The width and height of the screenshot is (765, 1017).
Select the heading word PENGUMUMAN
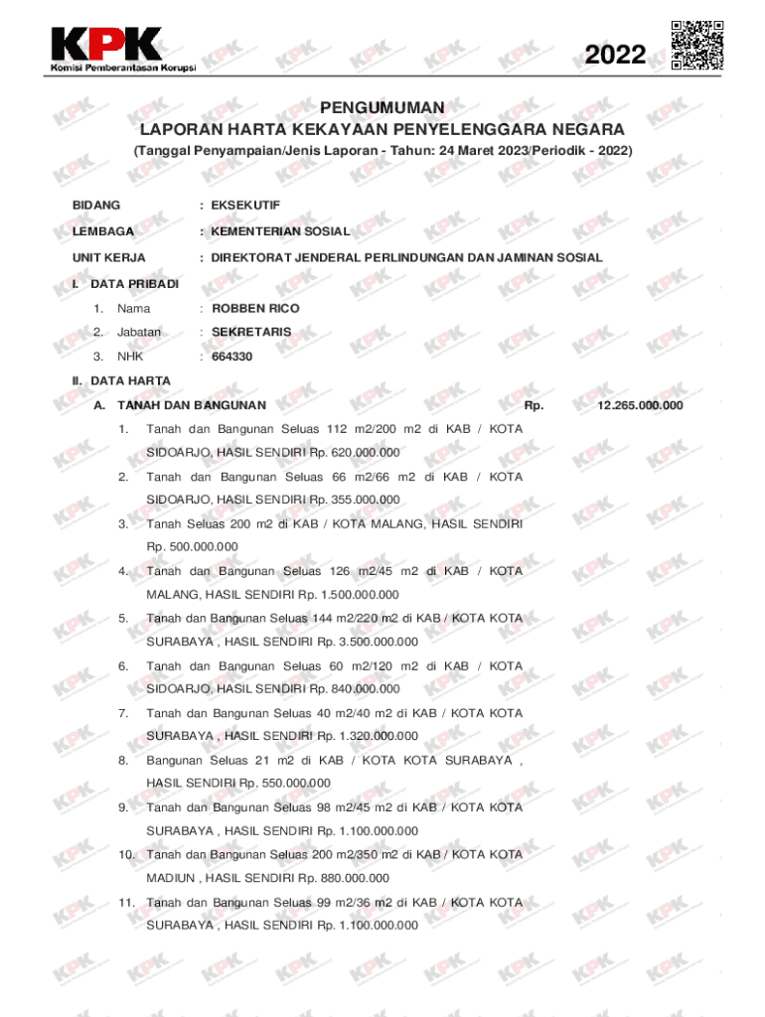pos(382,107)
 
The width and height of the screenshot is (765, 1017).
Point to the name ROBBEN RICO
pos(255,308)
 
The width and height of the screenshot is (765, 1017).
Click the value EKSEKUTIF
pos(245,205)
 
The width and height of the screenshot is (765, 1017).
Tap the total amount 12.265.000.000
pos(640,405)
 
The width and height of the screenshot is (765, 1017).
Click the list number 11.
pos(126,903)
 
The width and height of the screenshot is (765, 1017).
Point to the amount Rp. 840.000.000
pos(355,689)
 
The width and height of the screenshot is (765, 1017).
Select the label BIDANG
pos(96,205)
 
